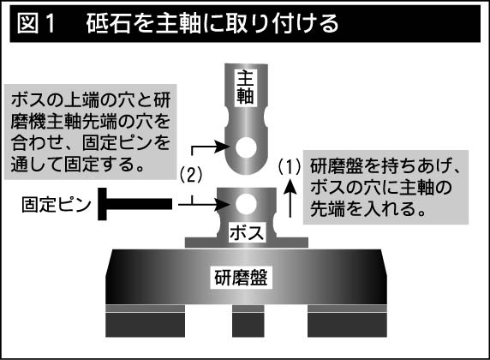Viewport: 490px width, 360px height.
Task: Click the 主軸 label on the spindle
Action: pyautogui.click(x=245, y=87)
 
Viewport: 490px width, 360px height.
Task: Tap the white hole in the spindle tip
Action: pyautogui.click(x=246, y=147)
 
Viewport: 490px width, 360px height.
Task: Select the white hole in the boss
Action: pyautogui.click(x=246, y=204)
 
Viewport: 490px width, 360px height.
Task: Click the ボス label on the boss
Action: pyautogui.click(x=247, y=232)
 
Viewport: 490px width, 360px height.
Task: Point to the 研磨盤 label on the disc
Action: pyautogui.click(x=241, y=277)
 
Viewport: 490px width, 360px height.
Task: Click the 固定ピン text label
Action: pyautogui.click(x=57, y=205)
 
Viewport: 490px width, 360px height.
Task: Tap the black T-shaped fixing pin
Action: pyautogui.click(x=134, y=204)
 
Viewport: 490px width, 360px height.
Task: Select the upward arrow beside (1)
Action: pyautogui.click(x=290, y=198)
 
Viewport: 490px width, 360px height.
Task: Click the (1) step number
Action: pyautogui.click(x=290, y=166)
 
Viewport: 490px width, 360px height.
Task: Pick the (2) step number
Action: pyautogui.click(x=191, y=175)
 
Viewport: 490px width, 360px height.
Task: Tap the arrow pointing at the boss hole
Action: pyautogui.click(x=204, y=205)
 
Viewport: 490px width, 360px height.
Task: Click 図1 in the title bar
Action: pyautogui.click(x=36, y=23)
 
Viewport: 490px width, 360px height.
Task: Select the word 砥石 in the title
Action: pyautogui.click(x=108, y=23)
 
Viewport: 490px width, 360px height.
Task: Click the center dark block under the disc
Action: pyautogui.click(x=248, y=325)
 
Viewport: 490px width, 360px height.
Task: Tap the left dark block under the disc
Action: pyautogui.click(x=145, y=325)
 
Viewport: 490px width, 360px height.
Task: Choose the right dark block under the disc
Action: pyautogui.click(x=347, y=325)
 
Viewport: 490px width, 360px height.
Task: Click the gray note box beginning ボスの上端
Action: pyautogui.click(x=90, y=132)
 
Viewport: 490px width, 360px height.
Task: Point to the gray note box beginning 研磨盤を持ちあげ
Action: pyautogui.click(x=385, y=188)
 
